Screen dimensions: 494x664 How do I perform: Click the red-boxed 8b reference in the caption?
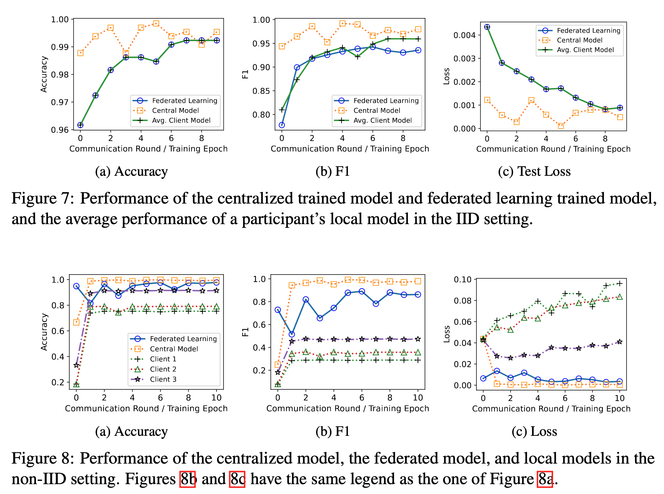(187, 479)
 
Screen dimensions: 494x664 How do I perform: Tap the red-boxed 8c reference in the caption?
(237, 479)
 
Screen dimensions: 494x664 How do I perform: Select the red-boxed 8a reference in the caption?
(545, 479)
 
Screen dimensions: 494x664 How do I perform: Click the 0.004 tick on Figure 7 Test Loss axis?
(464, 35)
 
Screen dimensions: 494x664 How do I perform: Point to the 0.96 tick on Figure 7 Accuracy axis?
(60, 130)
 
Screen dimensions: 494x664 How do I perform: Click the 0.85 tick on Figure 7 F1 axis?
(261, 91)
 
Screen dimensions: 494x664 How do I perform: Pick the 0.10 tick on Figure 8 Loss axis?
(462, 280)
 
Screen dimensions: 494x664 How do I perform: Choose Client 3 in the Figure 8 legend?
(163, 379)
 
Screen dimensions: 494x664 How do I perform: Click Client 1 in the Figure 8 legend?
(163, 359)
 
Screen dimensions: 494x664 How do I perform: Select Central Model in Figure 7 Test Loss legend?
(579, 40)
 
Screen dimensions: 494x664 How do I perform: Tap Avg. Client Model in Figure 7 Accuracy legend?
(181, 120)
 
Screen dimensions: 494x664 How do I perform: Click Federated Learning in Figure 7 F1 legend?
(386, 101)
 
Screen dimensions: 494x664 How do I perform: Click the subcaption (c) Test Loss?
(534, 172)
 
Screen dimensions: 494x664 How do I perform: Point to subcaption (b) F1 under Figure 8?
(333, 431)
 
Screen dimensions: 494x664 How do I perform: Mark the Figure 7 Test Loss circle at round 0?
(487, 27)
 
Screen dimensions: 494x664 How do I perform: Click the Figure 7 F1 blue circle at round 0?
(282, 125)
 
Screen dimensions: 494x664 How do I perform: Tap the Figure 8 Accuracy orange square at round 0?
(76, 322)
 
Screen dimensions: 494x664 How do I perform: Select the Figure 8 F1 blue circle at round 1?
(292, 334)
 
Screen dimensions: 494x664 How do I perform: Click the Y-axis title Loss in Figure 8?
(446, 334)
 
